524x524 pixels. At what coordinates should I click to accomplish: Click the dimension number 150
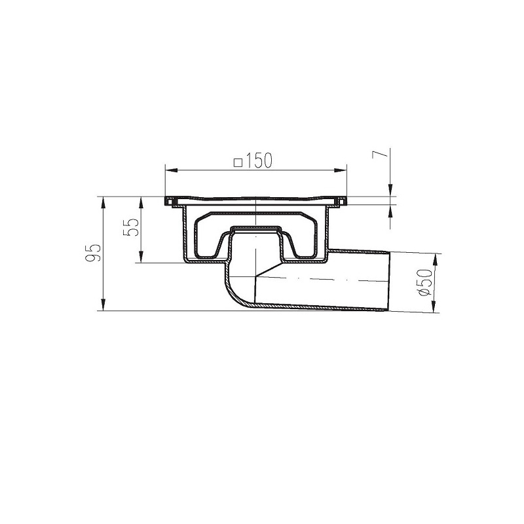click(260, 160)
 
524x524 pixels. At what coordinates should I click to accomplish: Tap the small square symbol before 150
click(239, 161)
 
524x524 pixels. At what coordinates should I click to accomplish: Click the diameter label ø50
click(426, 282)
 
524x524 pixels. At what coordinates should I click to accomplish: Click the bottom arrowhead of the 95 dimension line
click(103, 306)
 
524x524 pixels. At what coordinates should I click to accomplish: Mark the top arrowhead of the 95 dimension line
click(103, 200)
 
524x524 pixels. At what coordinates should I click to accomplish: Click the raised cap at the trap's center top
click(255, 229)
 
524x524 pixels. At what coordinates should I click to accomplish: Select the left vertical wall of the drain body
click(181, 233)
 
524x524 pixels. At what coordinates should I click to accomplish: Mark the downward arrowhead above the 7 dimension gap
click(391, 191)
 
